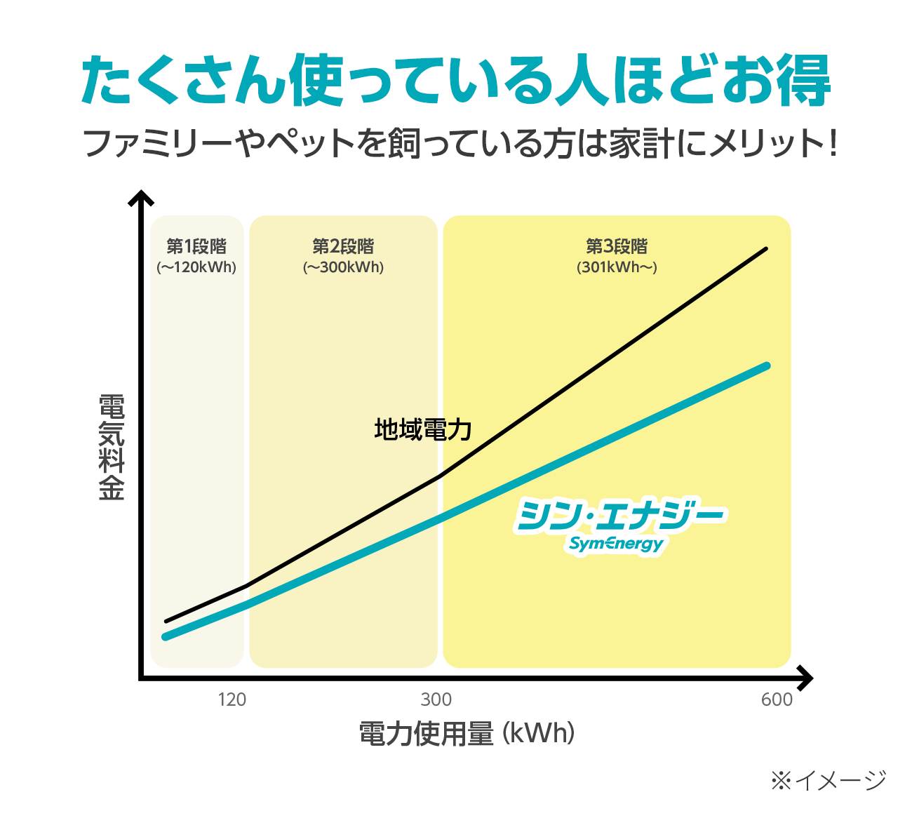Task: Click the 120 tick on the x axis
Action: pos(232,699)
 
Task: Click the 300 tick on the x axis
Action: pos(436,699)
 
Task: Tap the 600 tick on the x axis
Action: pos(777,699)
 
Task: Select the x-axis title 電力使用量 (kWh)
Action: pos(467,734)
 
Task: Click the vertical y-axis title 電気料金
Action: pos(112,448)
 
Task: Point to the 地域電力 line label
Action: pos(422,429)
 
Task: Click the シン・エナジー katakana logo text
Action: pos(620,516)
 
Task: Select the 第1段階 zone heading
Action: pos(196,246)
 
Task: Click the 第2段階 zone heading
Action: pos(343,246)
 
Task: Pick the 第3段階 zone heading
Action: pos(617,246)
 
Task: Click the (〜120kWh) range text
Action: pos(196,267)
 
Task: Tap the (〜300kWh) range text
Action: pos(343,267)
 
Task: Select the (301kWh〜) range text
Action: pos(617,267)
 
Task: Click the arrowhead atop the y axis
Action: pos(141,197)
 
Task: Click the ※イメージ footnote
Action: pos(829,779)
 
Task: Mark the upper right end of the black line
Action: pos(765,249)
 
